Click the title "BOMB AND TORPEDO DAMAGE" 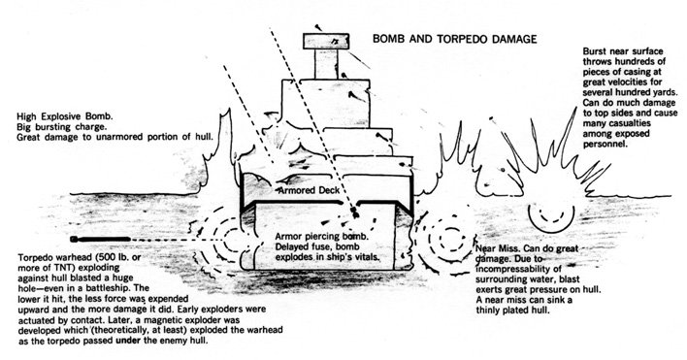click(x=454, y=39)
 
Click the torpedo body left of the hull click(x=100, y=239)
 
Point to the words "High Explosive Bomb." click(x=65, y=117)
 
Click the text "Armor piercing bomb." click(x=321, y=237)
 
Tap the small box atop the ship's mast click(x=326, y=41)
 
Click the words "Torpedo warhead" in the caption click(x=52, y=257)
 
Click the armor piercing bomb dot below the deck click(x=355, y=214)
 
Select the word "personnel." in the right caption click(x=603, y=144)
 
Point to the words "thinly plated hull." click(x=512, y=311)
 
